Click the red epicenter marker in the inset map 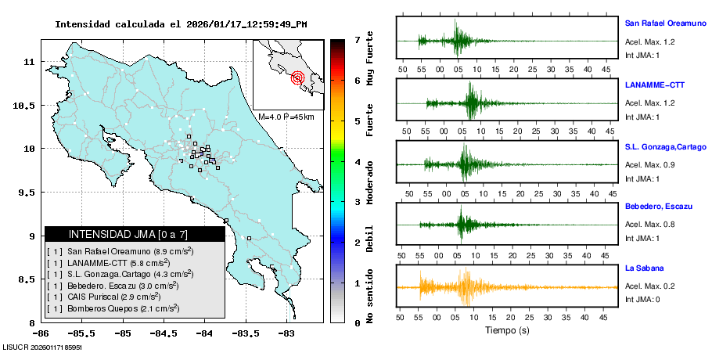pos(297,77)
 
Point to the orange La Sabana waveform pos(469,287)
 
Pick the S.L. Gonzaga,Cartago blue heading pos(665,146)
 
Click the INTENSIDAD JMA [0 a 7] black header pos(135,234)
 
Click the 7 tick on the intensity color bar pos(357,39)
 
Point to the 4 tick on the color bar pos(357,161)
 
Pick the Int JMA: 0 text pos(643,299)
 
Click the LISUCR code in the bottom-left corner pos(42,346)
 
